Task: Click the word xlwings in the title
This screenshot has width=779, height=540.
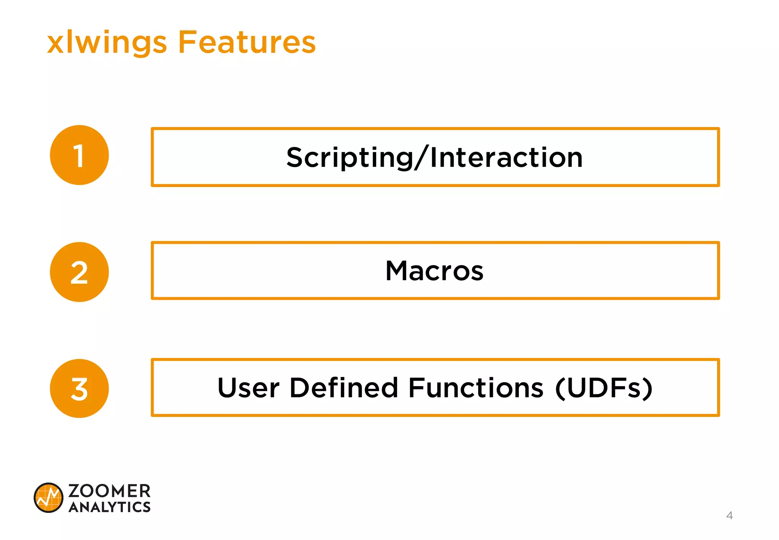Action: tap(107, 43)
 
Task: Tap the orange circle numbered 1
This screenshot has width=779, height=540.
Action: tap(79, 155)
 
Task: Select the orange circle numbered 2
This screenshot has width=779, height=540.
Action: tap(79, 272)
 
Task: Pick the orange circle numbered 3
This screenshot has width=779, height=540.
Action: tap(79, 388)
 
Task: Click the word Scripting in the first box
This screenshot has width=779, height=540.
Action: tap(350, 158)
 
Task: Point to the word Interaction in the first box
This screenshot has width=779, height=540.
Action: tap(506, 158)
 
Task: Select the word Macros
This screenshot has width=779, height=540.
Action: tap(434, 271)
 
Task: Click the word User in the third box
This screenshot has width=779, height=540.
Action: tap(248, 388)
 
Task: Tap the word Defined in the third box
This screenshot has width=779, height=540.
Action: tap(343, 388)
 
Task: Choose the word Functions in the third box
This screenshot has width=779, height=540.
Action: tap(476, 388)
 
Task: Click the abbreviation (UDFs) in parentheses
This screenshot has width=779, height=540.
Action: tap(604, 388)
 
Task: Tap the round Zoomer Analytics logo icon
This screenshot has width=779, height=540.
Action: tap(48, 498)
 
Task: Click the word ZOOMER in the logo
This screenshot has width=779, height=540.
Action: tap(110, 491)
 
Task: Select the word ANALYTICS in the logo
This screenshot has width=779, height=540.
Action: tap(110, 507)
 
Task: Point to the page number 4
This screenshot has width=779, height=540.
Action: tap(729, 516)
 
